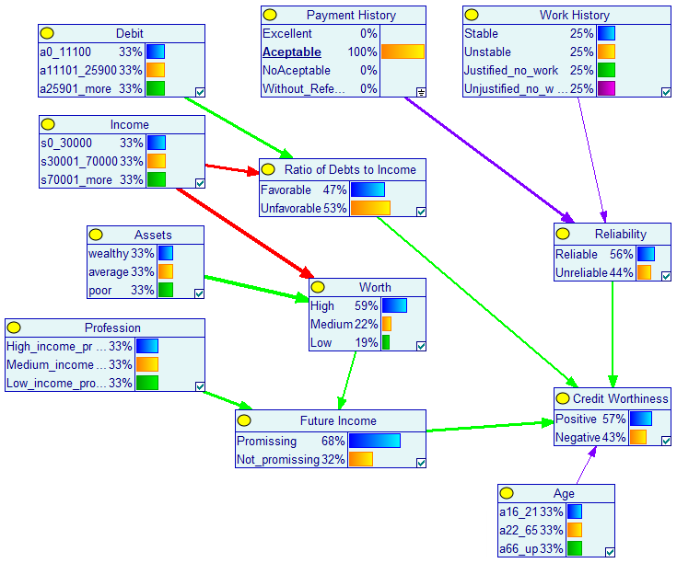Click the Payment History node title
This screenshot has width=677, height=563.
pos(351,15)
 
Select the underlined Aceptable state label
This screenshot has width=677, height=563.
pos(292,52)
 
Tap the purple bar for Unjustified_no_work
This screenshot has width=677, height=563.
pos(606,88)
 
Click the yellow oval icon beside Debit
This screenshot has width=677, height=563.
pos(47,33)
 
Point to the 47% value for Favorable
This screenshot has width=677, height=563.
pos(334,190)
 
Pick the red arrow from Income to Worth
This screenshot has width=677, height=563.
pos(245,234)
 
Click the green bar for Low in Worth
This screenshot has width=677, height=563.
pos(386,342)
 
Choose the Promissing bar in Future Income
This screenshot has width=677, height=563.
pos(374,441)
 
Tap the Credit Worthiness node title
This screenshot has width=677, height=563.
pos(621,398)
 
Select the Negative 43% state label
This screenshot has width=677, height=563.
pos(590,438)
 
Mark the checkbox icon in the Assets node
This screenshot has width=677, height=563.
pos(199,293)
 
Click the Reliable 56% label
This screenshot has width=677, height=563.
pos(594,254)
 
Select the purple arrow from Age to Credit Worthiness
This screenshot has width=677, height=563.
pos(587,465)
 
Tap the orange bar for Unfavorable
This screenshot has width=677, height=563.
pos(370,208)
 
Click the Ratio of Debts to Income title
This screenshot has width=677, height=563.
pos(350,170)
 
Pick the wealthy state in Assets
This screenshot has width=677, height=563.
pos(109,254)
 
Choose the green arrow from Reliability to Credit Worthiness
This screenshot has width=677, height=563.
pos(613,335)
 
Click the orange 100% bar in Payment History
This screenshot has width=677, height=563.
pos(403,52)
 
